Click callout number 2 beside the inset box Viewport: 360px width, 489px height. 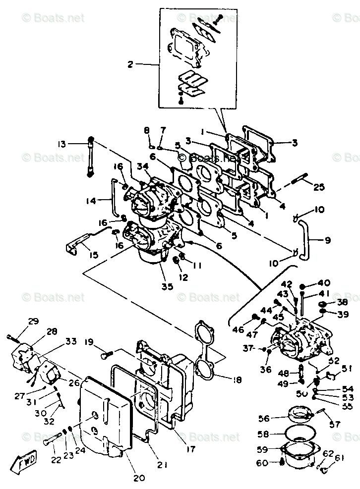[130, 64]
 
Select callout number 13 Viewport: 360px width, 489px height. [61, 144]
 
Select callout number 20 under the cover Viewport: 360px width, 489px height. [139, 478]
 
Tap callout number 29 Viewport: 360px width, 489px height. [33, 322]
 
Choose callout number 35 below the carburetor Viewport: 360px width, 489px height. [167, 286]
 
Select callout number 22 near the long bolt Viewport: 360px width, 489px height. [56, 459]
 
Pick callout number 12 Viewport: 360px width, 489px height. [184, 277]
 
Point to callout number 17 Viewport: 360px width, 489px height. [191, 449]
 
